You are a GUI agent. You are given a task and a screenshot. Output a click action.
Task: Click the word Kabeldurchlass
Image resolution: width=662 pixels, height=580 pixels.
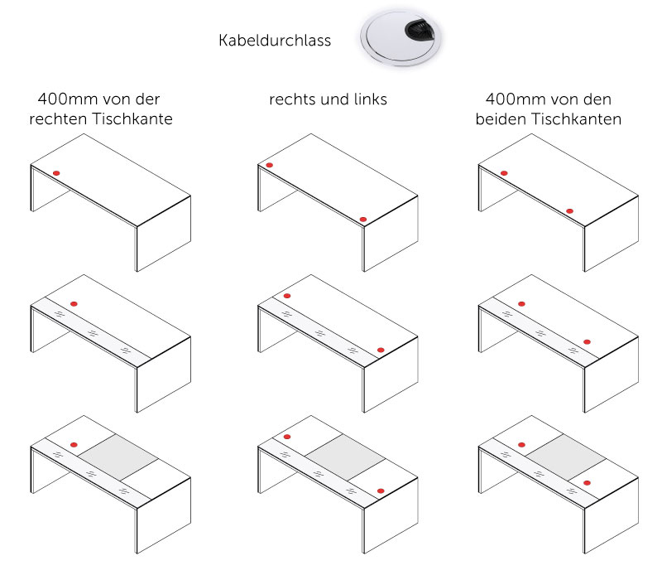click(275, 40)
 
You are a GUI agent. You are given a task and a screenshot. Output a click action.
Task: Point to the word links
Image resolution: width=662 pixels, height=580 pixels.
click(369, 100)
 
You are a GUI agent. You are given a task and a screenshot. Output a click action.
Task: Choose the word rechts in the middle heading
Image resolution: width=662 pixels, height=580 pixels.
click(292, 100)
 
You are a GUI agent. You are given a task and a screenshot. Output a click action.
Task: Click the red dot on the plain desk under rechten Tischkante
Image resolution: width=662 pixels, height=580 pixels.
click(56, 172)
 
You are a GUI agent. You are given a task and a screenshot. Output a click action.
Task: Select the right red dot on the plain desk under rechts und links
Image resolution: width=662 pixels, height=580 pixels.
click(363, 220)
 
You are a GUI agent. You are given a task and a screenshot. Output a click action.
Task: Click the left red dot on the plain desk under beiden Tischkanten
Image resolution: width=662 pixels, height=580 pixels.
click(504, 173)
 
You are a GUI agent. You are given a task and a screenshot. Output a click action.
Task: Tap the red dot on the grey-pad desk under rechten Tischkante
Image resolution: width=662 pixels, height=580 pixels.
click(74, 445)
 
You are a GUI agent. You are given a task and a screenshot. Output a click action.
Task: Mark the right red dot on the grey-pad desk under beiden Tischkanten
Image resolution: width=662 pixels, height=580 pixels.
click(587, 482)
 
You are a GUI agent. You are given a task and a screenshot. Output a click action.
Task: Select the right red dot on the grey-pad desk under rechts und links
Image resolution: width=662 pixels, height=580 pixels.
click(381, 491)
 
